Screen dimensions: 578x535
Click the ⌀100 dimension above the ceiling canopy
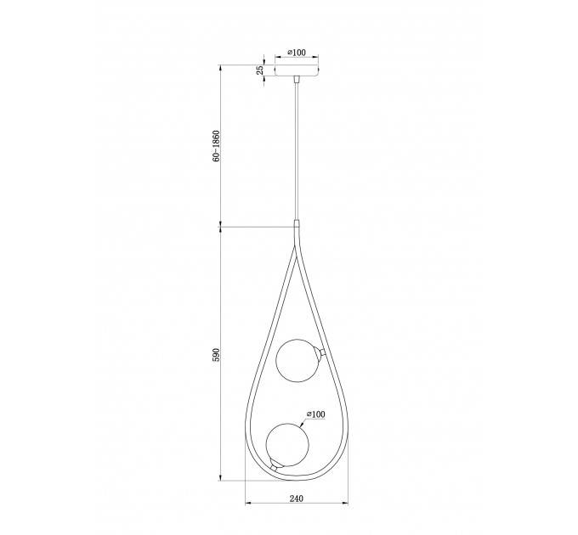(x=297, y=53)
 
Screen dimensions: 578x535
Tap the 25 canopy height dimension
(x=260, y=70)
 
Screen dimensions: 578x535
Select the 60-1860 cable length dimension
(x=216, y=146)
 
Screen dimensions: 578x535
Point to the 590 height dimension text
(x=216, y=354)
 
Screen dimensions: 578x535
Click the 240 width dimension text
(x=297, y=498)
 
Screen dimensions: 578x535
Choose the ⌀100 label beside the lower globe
(x=316, y=414)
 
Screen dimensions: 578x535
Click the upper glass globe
(x=297, y=361)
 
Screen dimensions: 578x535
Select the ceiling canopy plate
(x=297, y=70)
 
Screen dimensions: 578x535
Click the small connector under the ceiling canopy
(x=297, y=80)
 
